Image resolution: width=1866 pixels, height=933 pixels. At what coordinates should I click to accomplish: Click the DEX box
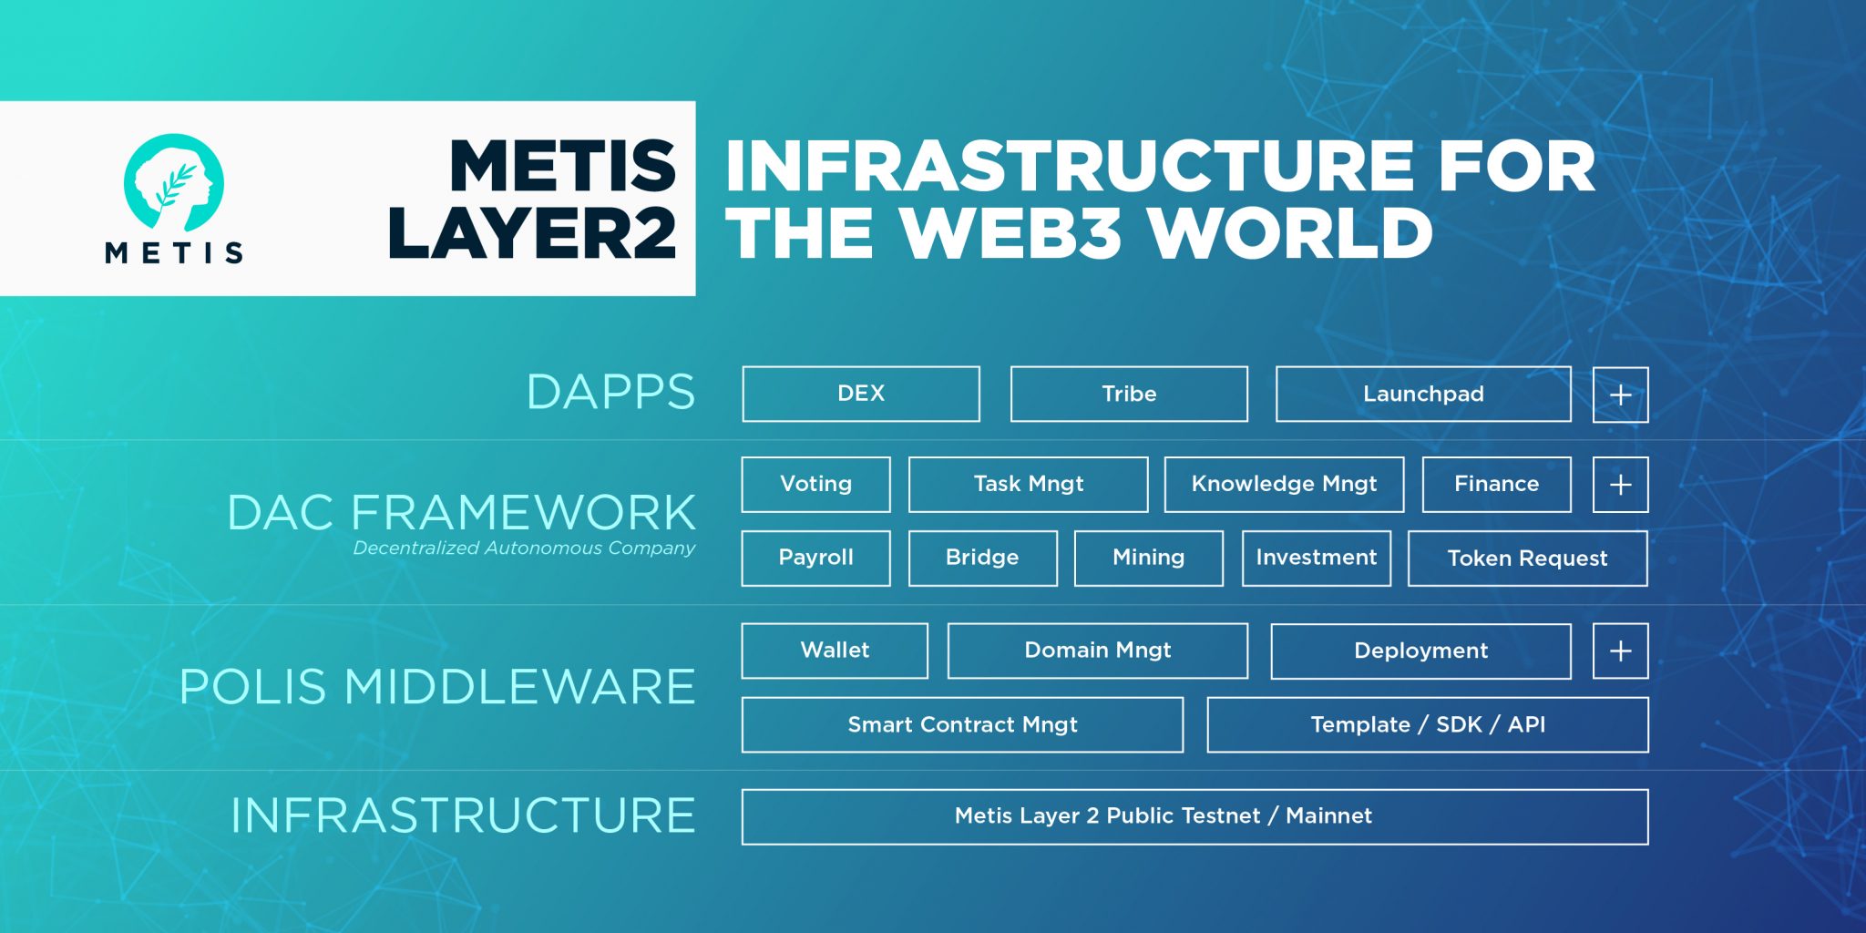[x=861, y=394]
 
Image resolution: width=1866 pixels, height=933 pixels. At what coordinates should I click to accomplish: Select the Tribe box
[x=1129, y=394]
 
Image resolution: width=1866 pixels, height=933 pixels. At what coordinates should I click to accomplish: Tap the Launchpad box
[x=1423, y=394]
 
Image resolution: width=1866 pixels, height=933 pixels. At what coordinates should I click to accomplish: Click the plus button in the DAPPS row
[x=1620, y=395]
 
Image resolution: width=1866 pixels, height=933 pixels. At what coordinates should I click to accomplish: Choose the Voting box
[x=815, y=484]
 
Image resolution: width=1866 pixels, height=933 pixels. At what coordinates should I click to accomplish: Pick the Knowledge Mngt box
[x=1284, y=484]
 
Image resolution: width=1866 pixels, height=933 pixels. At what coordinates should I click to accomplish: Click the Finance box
[x=1496, y=484]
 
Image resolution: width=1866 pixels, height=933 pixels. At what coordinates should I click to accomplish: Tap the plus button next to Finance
[x=1620, y=485]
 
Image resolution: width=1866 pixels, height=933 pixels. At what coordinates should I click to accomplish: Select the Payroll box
[x=815, y=558]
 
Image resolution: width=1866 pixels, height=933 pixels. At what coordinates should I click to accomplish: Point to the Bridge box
[x=982, y=558]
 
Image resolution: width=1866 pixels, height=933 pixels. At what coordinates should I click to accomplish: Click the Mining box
[x=1148, y=558]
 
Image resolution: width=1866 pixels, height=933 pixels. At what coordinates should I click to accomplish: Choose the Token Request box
[x=1527, y=559]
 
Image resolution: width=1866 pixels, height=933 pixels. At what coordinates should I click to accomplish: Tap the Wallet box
[x=835, y=651]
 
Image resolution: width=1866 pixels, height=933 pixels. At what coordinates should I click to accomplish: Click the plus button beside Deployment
[x=1620, y=651]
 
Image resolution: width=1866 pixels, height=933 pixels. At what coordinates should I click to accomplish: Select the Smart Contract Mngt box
[x=962, y=724]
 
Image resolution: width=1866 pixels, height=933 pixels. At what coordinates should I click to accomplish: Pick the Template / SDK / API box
[x=1428, y=724]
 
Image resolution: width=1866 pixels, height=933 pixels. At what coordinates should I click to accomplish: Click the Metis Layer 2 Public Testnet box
[x=1194, y=816]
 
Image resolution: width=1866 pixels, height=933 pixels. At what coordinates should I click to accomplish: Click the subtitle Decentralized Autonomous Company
[x=524, y=549]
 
